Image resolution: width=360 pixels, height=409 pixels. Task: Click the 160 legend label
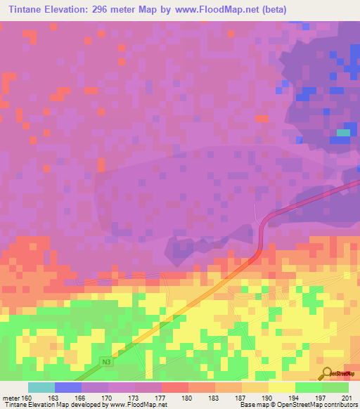point(27,397)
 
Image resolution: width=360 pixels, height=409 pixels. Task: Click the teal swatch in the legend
point(41,387)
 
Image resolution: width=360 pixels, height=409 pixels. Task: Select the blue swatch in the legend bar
point(67,387)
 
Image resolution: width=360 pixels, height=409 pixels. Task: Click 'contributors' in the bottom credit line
point(342,405)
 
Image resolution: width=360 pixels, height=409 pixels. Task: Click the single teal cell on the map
point(343,132)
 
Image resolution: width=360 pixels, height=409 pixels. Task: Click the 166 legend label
point(80,397)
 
